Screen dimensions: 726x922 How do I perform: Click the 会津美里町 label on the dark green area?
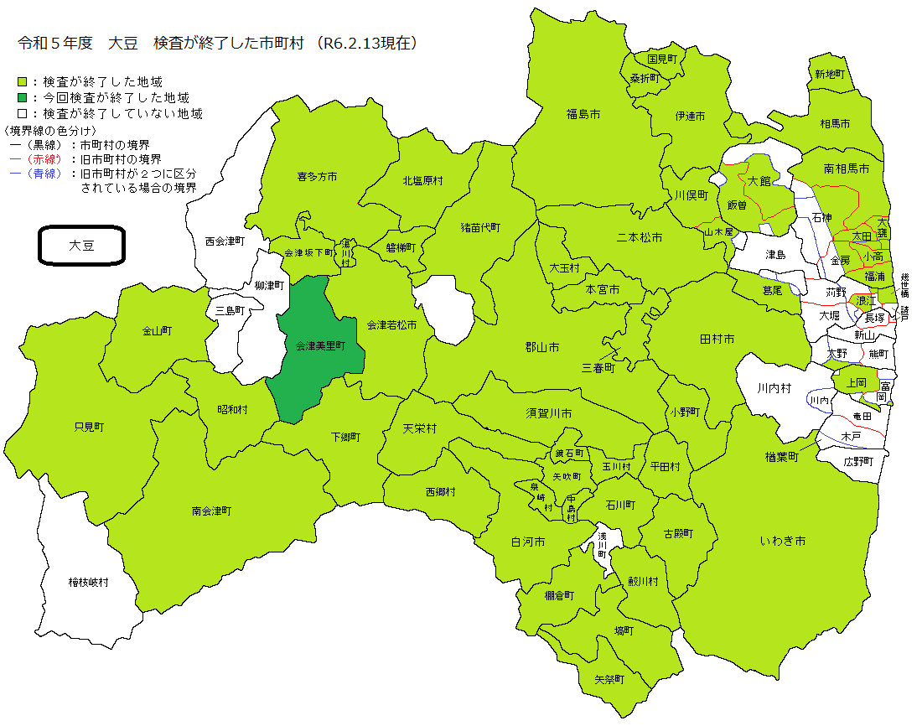point(320,345)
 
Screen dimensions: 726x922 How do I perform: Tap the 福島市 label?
point(583,113)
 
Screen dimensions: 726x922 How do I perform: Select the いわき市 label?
point(783,542)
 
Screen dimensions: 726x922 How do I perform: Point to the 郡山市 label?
point(542,347)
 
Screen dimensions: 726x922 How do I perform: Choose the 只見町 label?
point(89,427)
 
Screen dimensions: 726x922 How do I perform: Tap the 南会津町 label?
point(211,510)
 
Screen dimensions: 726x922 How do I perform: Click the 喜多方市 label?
point(317,177)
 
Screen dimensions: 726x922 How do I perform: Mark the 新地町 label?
point(830,74)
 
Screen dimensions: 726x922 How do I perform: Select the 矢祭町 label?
point(609,679)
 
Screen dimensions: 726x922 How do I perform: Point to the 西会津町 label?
point(225,241)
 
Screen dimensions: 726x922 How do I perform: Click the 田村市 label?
point(717,339)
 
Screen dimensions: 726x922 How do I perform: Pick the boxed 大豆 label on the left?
point(82,246)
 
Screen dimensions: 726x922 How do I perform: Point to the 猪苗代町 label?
point(480,227)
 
